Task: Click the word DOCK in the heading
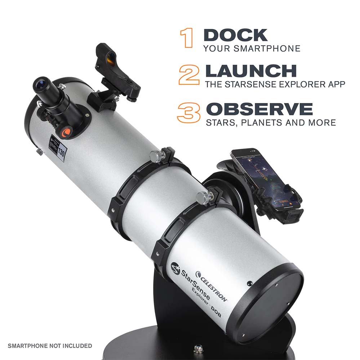point(235,35)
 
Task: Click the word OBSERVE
point(259,109)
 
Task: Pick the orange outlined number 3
point(188,112)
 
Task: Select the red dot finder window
point(111,58)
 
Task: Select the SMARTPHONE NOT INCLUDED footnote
point(50,346)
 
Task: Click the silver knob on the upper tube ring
point(156,156)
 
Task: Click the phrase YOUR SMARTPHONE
point(252,48)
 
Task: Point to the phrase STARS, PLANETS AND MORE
point(271,123)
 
